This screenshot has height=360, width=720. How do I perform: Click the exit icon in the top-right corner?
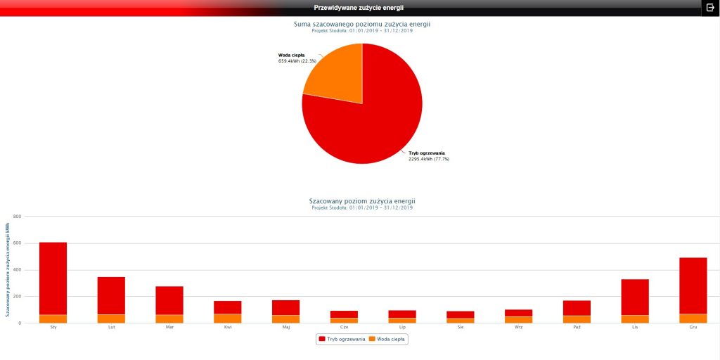710,7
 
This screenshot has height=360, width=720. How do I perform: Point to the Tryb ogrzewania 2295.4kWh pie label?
428,156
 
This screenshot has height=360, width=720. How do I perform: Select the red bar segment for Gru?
693,285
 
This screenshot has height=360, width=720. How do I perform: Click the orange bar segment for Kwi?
228,319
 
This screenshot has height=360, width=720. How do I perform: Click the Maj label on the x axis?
286,327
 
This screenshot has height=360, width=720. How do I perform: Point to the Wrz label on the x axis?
518,327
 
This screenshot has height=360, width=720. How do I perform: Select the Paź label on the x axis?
577,327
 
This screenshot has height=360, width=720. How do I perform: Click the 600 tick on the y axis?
18,243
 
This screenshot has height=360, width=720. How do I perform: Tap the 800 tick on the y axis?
18,217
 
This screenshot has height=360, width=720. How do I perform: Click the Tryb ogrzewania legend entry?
342,339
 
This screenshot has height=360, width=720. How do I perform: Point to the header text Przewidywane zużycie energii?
359,7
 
